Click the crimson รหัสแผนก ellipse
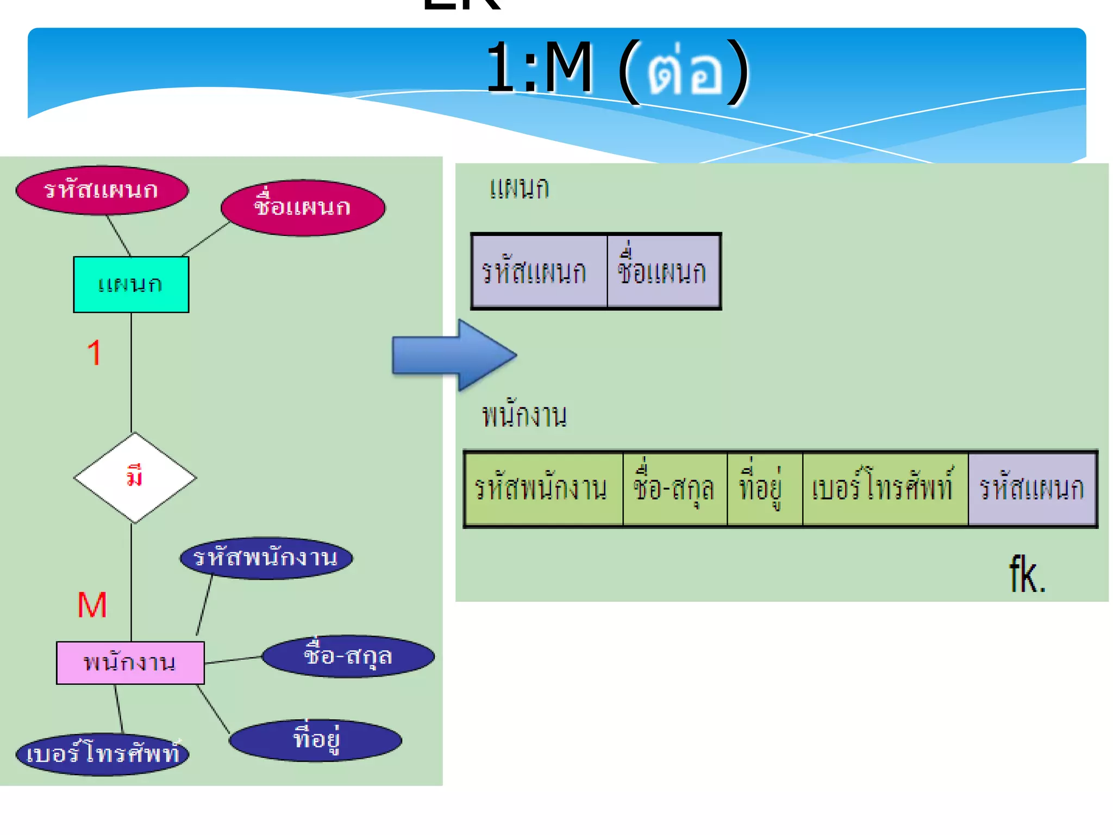(102, 190)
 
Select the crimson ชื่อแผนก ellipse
(303, 208)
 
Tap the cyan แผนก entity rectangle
(131, 284)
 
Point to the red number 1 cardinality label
(94, 353)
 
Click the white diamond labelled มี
(135, 478)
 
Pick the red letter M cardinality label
(92, 605)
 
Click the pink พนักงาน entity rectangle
(130, 663)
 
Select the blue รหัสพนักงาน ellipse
(266, 558)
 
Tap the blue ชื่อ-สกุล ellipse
(348, 656)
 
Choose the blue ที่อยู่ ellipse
(315, 740)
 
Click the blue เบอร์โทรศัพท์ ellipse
(102, 754)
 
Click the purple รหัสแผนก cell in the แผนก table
(539, 271)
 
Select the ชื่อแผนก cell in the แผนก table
(663, 271)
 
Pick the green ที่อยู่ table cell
(764, 488)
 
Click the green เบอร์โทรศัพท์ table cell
(885, 488)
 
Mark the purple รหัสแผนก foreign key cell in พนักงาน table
(1031, 488)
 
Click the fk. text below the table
(1027, 575)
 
